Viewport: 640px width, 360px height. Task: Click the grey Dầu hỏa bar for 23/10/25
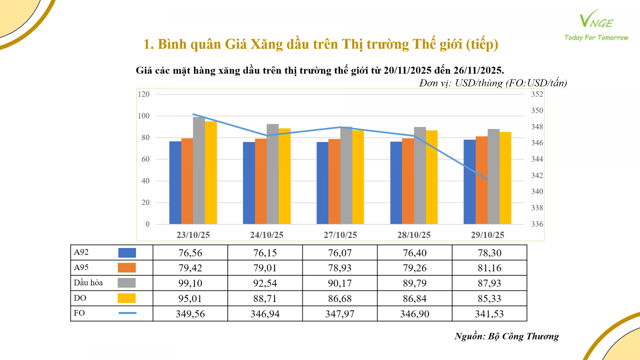pyautogui.click(x=199, y=170)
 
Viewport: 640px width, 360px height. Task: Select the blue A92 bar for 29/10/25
pyautogui.click(x=470, y=182)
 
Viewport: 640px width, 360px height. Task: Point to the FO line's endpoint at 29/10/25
pyautogui.click(x=488, y=179)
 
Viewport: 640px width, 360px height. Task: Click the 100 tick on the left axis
pyautogui.click(x=144, y=116)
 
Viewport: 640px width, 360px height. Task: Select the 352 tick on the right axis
pyautogui.click(x=537, y=94)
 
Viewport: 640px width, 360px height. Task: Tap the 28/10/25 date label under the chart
pyautogui.click(x=414, y=235)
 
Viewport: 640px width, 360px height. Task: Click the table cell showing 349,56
pyautogui.click(x=190, y=314)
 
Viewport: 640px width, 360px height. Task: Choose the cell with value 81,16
pyautogui.click(x=489, y=268)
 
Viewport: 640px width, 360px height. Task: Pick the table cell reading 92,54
pyautogui.click(x=265, y=283)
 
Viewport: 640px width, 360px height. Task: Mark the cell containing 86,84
pyautogui.click(x=414, y=298)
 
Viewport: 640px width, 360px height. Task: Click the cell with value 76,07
pyautogui.click(x=340, y=253)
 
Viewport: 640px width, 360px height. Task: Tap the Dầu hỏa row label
pyautogui.click(x=88, y=283)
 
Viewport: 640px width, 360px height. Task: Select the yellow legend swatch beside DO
pyautogui.click(x=126, y=298)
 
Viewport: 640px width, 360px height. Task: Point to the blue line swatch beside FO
pyautogui.click(x=127, y=313)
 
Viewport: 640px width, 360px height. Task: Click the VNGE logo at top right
pyautogui.click(x=596, y=20)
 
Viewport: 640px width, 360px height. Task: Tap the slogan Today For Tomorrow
pyautogui.click(x=596, y=38)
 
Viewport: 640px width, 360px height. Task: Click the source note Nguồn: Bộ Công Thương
pyautogui.click(x=506, y=336)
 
